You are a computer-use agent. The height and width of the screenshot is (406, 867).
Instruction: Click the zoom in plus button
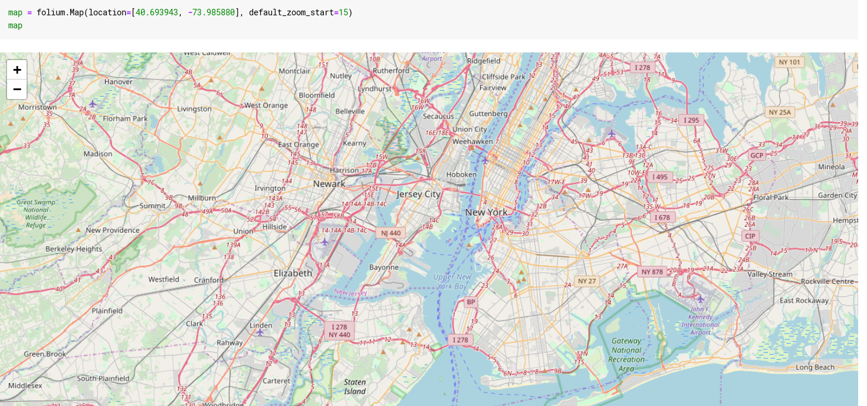coord(17,70)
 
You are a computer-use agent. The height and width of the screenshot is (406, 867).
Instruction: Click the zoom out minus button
coord(17,89)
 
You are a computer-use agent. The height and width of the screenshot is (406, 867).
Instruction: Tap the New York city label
coord(486,212)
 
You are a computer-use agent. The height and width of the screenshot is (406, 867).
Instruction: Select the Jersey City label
coord(419,194)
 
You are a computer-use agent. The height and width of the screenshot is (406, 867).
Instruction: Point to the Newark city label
coord(329,184)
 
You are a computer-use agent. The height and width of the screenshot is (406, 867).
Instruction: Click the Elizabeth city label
coord(293,273)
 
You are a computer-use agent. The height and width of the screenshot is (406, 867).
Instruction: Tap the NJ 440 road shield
coord(390,233)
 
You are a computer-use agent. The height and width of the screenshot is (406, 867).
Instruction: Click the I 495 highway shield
coord(660,177)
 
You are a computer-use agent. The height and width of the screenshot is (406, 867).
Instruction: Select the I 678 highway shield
coord(662,217)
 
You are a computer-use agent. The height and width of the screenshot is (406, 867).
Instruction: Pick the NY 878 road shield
coord(652,272)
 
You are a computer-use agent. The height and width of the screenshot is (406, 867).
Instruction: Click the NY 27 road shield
coord(587,281)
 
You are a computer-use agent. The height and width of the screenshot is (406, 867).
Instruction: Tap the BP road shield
coord(471,302)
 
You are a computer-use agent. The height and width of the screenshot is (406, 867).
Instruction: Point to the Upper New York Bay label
coord(452,282)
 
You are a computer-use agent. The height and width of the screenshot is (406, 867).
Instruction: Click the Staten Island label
coord(355,387)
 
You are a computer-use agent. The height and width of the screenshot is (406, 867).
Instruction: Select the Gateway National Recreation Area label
coord(626,355)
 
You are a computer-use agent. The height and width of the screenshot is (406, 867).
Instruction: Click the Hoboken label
coord(461,174)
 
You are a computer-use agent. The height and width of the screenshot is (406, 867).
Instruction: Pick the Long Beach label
coord(815,367)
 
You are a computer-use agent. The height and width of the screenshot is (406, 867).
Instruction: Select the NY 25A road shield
coord(780,112)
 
